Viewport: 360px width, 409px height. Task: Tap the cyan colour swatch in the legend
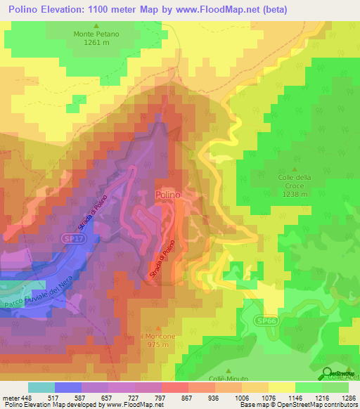pos(41,387)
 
